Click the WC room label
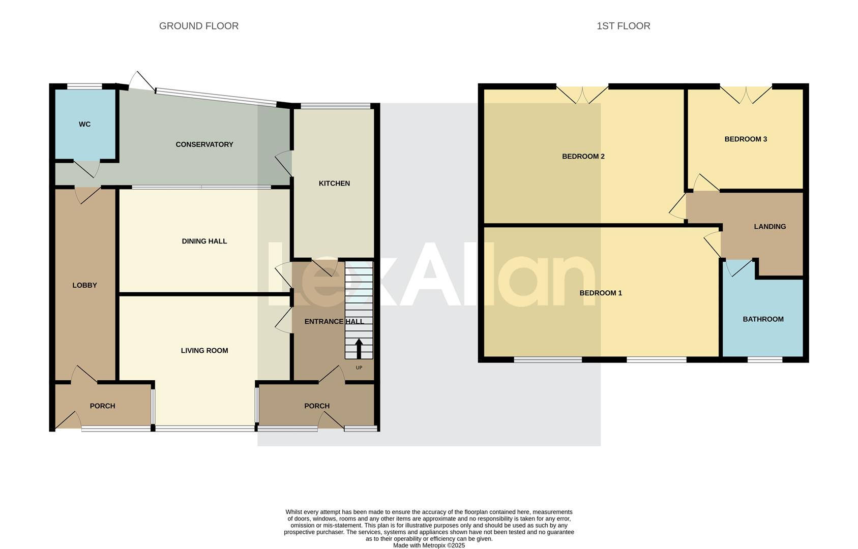pos(84,124)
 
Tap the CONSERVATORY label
pos(204,144)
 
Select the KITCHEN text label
pos(334,184)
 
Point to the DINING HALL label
pos(204,241)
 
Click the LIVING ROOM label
pos(204,350)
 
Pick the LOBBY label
pos(84,285)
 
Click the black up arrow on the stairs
pos(359,349)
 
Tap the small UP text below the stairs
pos(359,368)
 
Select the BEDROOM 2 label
pos(583,156)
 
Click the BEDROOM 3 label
pos(745,139)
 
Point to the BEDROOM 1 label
pos(600,293)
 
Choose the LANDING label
pos(770,227)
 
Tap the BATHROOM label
pos(763,319)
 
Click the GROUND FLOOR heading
pos(198,26)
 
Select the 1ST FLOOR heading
pos(623,26)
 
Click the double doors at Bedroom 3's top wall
pos(746,94)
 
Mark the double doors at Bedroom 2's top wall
pos(582,94)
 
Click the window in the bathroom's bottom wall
pos(764,360)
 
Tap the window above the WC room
pos(84,86)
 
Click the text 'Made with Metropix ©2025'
pos(429,545)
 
